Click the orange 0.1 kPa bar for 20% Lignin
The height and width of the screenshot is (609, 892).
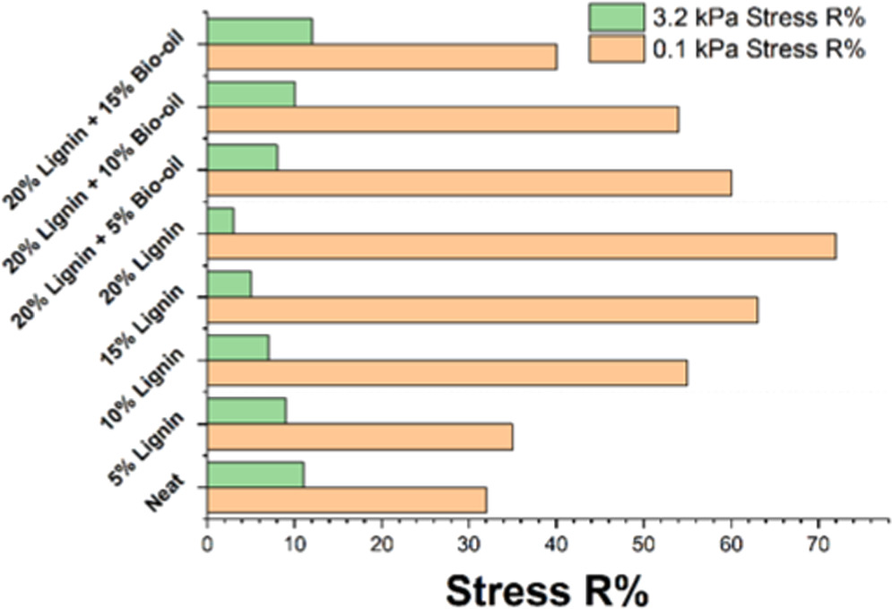click(521, 246)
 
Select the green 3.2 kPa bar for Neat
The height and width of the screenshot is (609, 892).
click(255, 474)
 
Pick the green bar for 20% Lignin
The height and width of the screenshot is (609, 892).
click(221, 221)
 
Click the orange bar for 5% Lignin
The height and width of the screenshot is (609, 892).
click(359, 436)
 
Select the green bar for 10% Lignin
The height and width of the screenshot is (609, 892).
click(238, 347)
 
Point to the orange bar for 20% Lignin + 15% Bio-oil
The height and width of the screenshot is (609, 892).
click(382, 57)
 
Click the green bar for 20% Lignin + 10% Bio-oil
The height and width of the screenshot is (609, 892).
click(251, 93)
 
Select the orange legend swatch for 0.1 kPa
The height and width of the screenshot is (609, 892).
click(616, 49)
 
